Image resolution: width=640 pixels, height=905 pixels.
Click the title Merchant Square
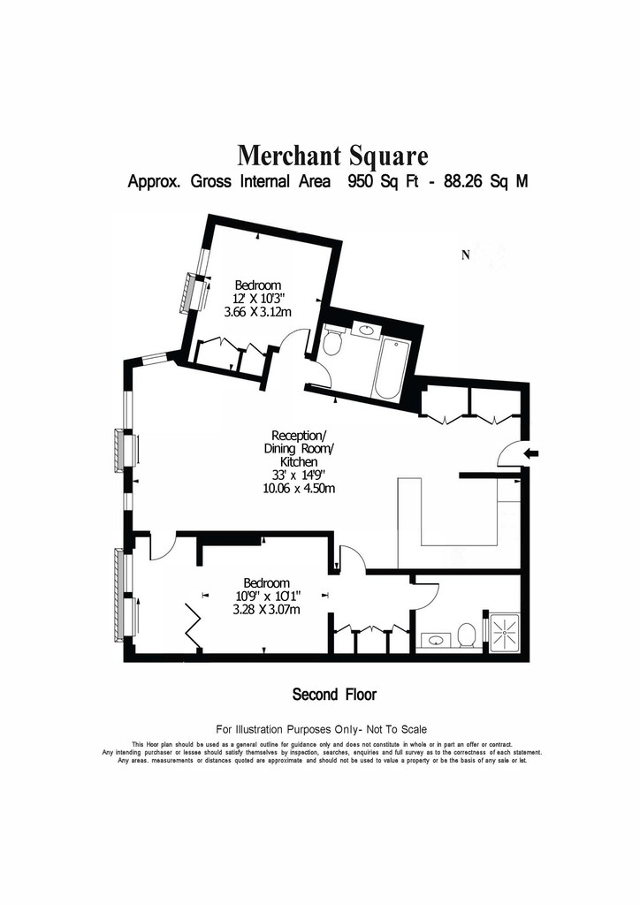coord(333,156)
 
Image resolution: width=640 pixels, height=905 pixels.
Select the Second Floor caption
coord(334,694)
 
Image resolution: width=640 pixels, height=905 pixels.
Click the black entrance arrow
coord(531,453)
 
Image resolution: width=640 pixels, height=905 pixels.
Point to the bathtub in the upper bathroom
coord(391,369)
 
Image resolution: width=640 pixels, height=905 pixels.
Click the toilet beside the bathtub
coord(333,342)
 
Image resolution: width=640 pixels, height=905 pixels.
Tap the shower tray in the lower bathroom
coord(504,633)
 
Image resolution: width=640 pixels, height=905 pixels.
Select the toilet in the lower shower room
coord(466,635)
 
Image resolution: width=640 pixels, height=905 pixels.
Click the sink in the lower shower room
coord(434,640)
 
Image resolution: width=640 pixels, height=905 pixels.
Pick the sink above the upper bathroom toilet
coord(366,331)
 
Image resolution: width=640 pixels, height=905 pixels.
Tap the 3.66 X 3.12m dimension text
coord(257,312)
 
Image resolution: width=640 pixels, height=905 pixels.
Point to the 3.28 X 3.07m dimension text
coord(266,610)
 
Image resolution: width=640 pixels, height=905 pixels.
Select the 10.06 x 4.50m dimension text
coord(299,488)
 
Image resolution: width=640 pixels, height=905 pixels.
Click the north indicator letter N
coord(465,255)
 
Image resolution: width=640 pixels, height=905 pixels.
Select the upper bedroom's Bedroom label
coord(258,285)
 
